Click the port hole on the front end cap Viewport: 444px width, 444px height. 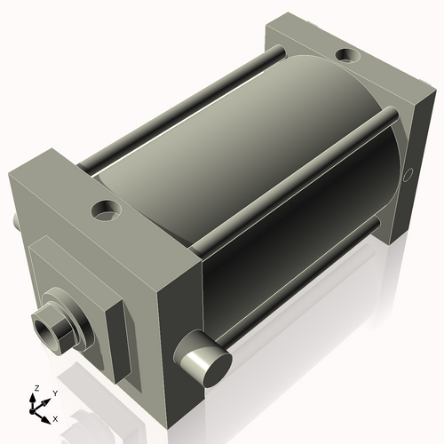pyautogui.click(x=107, y=212)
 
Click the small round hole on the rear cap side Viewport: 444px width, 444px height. pyautogui.click(x=409, y=174)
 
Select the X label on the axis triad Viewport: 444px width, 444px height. pyautogui.click(x=56, y=417)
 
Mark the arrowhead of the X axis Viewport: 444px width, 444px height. pyautogui.click(x=48, y=414)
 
